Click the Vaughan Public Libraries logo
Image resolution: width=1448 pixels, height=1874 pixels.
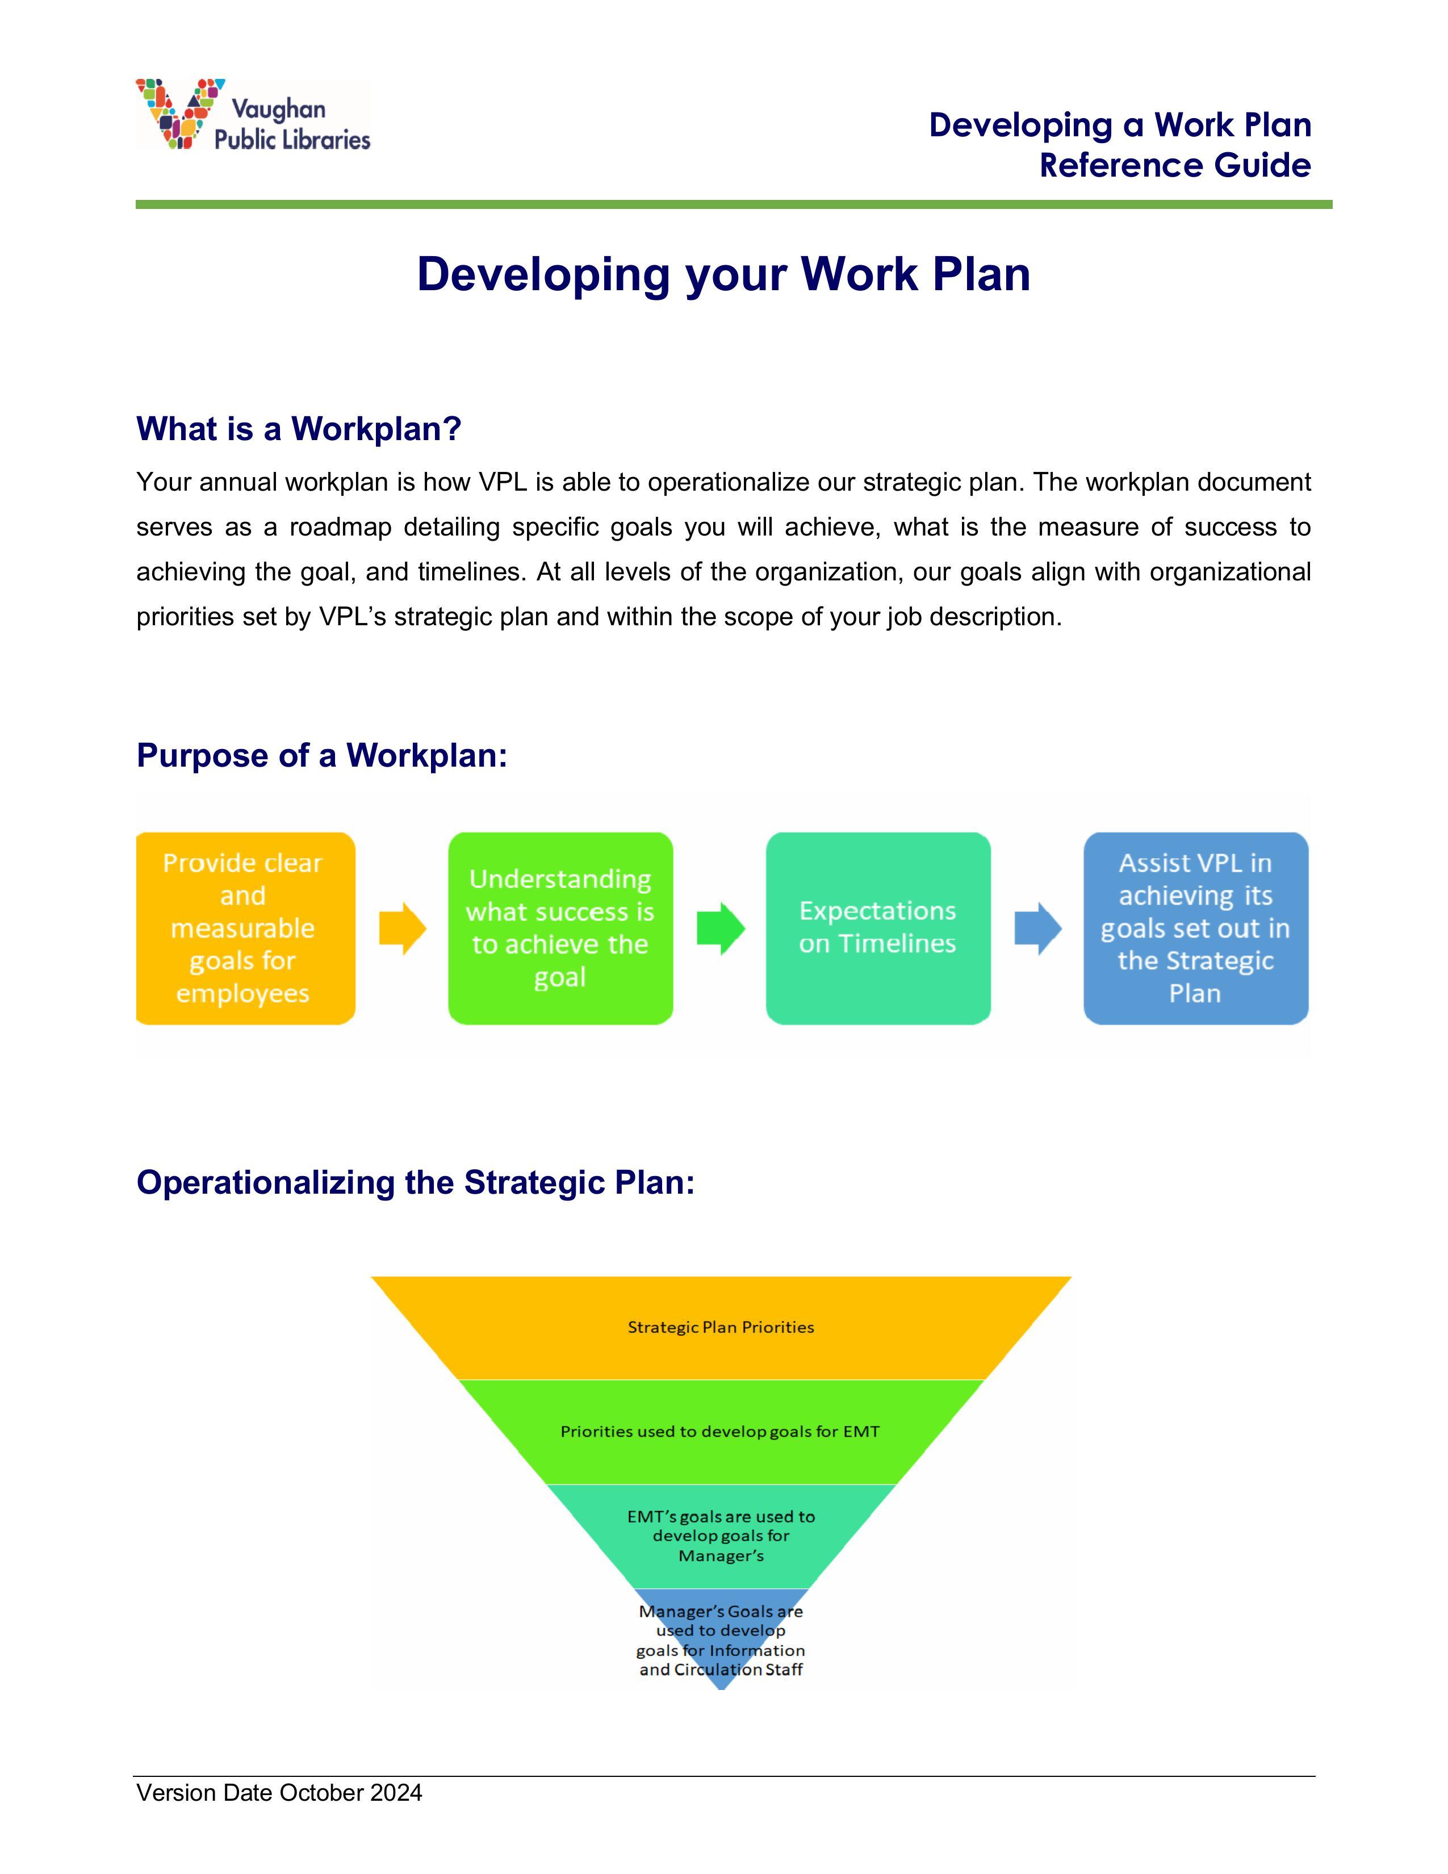[x=253, y=115]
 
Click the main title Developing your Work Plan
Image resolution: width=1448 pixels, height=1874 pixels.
[x=723, y=275]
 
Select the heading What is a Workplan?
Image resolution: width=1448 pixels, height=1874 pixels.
[x=299, y=428]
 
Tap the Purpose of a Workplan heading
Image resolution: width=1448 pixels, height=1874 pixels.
[x=321, y=755]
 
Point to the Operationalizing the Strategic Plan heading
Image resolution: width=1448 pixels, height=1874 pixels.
[x=415, y=1182]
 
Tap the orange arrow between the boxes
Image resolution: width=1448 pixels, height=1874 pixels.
[x=403, y=928]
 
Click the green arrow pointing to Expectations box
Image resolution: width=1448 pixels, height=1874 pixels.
[x=721, y=928]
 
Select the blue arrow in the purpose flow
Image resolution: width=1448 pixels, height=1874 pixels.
[x=1038, y=928]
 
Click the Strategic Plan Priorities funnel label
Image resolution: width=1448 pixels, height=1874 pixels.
[x=721, y=1328]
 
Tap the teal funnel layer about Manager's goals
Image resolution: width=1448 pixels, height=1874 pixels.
[x=721, y=1536]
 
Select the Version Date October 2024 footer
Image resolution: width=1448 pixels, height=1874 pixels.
[x=279, y=1792]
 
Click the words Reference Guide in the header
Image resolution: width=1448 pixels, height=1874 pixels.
[x=1175, y=165]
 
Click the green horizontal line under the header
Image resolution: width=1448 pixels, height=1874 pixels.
[x=734, y=204]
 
